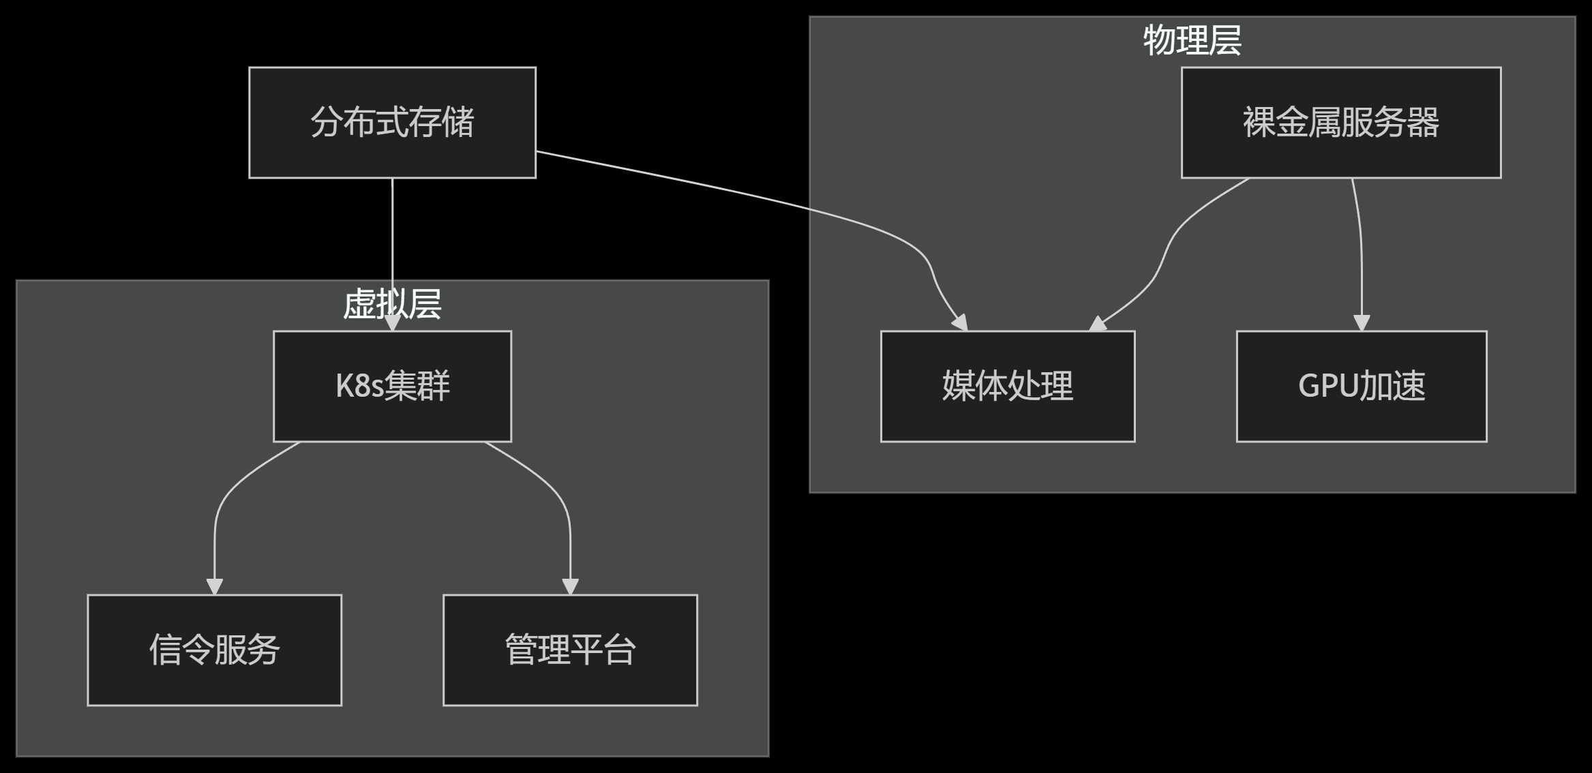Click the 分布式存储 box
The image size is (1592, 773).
[x=392, y=123]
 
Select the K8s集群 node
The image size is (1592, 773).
[x=392, y=386]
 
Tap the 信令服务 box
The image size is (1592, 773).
[x=214, y=650]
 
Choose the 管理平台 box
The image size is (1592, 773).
[x=570, y=650]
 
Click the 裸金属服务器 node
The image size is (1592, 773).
[x=1340, y=123]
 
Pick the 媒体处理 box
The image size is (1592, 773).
[x=1007, y=386]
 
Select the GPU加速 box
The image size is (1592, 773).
[x=1361, y=386]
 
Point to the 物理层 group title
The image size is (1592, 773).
[x=1192, y=40]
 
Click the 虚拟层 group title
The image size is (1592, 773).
[x=392, y=304]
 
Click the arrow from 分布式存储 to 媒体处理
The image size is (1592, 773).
[x=750, y=195]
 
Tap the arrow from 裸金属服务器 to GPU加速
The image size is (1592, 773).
[x=1361, y=245]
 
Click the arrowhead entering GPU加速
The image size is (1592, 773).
[x=1361, y=323]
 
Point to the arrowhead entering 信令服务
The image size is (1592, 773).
[x=215, y=587]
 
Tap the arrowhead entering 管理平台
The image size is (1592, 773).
[x=570, y=587]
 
